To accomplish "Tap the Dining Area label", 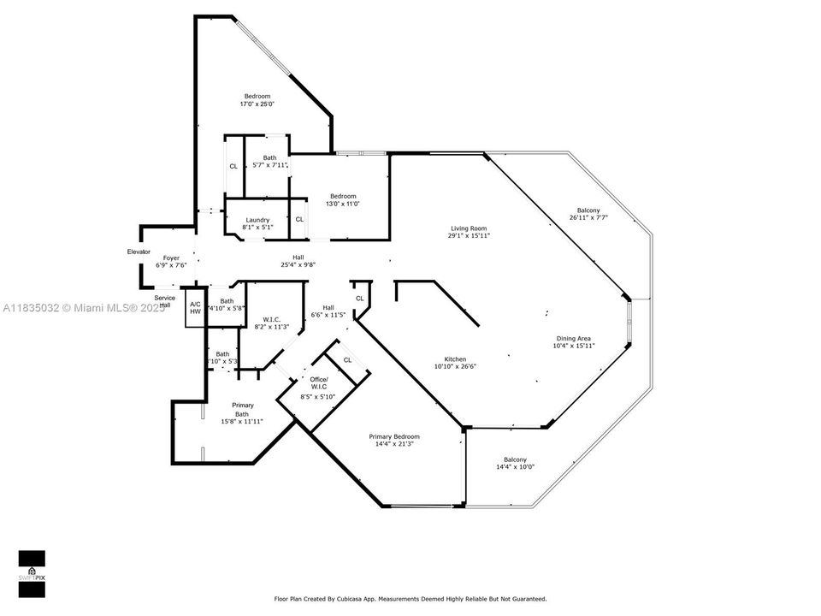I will [x=573, y=341].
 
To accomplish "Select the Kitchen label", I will [x=455, y=363].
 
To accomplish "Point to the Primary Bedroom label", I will [x=394, y=441].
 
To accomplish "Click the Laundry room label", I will [x=257, y=224].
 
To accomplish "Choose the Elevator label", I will [x=139, y=252].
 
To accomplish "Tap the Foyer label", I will [x=172, y=262].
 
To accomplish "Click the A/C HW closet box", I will [x=195, y=308].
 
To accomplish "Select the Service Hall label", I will [x=165, y=301].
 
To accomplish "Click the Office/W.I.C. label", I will [x=319, y=388].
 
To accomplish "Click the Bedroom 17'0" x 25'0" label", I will [x=257, y=100].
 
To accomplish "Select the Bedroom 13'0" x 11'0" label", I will [x=344, y=199].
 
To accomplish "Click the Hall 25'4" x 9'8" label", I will [x=298, y=261].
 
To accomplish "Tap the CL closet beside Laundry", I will [x=299, y=220].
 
